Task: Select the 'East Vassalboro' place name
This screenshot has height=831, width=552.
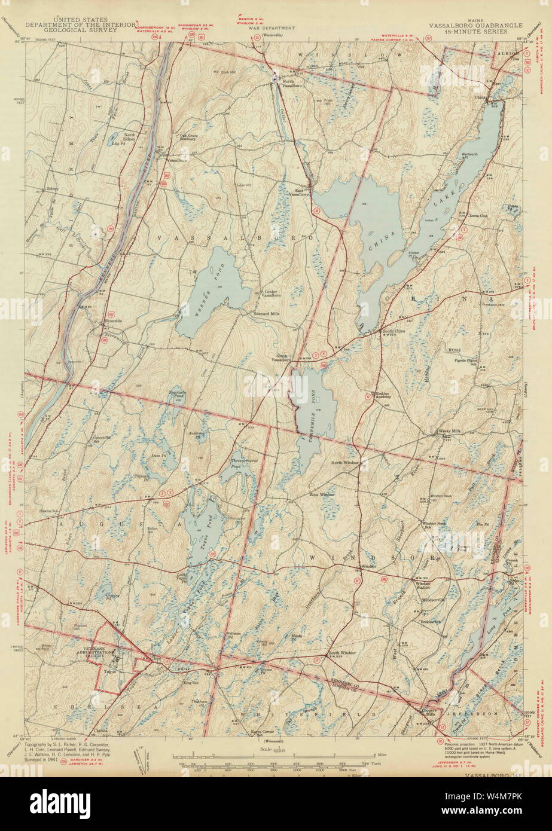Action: (298, 193)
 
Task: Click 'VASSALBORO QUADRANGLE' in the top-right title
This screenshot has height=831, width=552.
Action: (475, 26)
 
